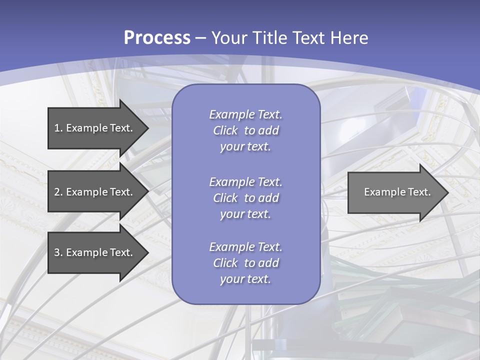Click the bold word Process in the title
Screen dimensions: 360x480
point(157,38)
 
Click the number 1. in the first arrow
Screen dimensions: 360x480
point(58,128)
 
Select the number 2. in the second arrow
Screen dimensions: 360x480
point(58,192)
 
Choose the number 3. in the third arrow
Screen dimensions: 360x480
point(58,252)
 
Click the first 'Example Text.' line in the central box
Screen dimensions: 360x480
point(245,114)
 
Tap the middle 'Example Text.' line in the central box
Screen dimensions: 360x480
point(245,182)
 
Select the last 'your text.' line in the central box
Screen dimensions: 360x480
point(245,279)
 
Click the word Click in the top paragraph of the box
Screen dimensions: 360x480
point(225,131)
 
